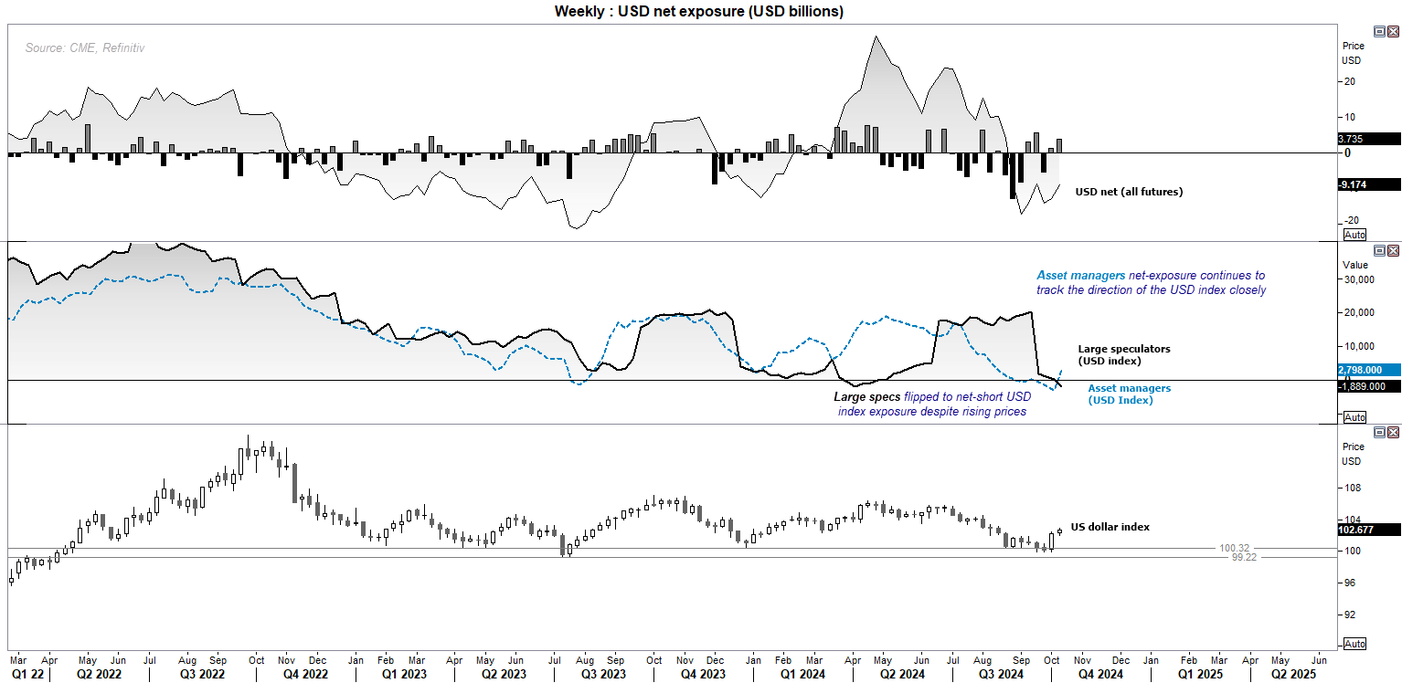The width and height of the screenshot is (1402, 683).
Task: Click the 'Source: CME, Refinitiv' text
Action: [x=84, y=47]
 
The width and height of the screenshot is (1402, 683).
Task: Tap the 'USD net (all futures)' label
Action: [x=1129, y=192]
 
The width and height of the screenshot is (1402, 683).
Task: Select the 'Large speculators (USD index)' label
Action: [x=1124, y=354]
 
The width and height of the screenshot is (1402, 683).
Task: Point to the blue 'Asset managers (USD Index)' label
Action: [x=1129, y=394]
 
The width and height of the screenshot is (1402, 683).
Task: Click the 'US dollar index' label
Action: [x=1110, y=527]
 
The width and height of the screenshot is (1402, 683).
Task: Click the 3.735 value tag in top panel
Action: [x=1368, y=139]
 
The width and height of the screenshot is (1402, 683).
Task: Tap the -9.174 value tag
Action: [x=1368, y=184]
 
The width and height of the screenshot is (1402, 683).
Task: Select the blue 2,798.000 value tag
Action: [x=1368, y=370]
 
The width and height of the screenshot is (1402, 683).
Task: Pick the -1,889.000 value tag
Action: [x=1368, y=386]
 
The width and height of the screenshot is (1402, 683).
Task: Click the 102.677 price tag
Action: [x=1368, y=530]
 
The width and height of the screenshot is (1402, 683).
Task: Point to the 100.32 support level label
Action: [x=1234, y=548]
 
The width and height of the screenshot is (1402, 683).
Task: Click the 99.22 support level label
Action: [x=1244, y=557]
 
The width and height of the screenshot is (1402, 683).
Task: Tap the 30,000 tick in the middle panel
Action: [x=1359, y=279]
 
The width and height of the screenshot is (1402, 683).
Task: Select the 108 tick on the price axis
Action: [x=1354, y=488]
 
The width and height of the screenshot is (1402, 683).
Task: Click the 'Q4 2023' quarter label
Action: [x=703, y=674]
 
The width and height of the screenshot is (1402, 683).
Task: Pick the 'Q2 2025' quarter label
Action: [x=1293, y=674]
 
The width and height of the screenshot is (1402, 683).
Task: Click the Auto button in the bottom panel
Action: [x=1355, y=644]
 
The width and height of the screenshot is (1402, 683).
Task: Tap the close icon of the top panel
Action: [x=1393, y=31]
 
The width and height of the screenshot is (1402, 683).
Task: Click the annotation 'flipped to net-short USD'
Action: [x=967, y=396]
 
